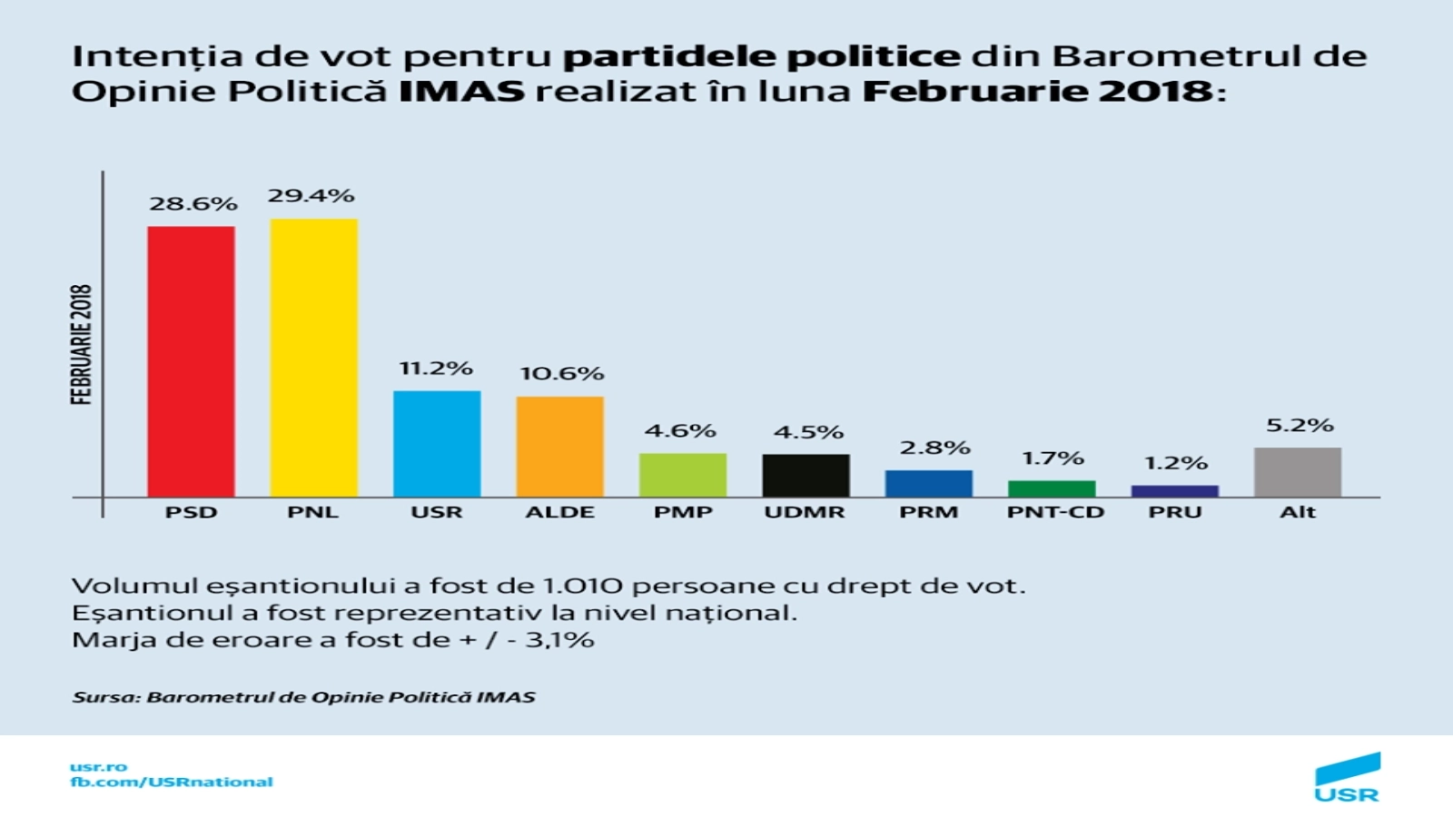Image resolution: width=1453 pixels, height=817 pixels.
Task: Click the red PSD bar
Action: coord(191,361)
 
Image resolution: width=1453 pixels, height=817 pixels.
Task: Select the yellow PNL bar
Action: coord(313,358)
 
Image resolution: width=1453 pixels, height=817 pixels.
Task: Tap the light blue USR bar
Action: coord(437,444)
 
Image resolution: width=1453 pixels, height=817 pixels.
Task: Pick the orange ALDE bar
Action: coord(560,447)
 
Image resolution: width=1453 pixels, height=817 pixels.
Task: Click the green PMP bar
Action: coord(683,475)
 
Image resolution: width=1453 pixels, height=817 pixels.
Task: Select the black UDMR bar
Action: coord(806,476)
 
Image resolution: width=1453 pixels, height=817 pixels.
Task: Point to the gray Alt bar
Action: coord(1298,472)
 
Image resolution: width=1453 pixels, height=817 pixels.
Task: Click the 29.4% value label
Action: coord(311,196)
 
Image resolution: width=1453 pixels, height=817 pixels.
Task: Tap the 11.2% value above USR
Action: coord(436,369)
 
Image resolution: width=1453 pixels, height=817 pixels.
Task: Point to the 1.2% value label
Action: coord(1176,463)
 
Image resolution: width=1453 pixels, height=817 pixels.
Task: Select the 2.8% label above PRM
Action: coord(934,448)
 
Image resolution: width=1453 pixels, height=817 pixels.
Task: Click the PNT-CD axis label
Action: coord(1055,512)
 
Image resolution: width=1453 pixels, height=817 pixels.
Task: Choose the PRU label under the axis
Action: coord(1175,512)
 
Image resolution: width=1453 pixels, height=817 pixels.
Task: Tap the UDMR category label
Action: coord(805,512)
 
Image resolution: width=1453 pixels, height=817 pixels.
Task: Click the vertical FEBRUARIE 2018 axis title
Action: coord(82,344)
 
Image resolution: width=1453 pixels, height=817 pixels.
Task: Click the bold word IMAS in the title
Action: coord(461,92)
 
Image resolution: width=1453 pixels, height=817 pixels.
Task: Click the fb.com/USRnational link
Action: coord(172,782)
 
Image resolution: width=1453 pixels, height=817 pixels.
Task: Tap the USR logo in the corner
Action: coord(1348,779)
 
